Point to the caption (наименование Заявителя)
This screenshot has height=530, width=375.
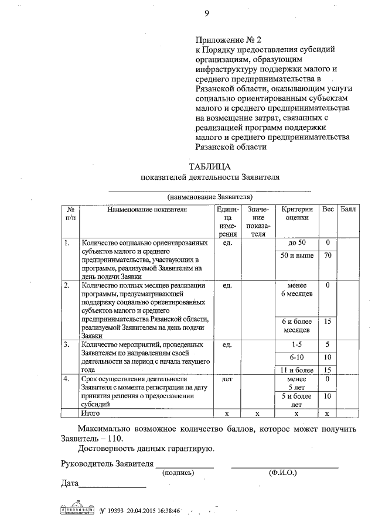click(x=209, y=197)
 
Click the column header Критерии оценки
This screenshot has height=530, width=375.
click(x=297, y=214)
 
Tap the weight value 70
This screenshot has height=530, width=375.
click(x=328, y=255)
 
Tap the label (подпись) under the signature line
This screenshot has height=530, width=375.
click(x=178, y=471)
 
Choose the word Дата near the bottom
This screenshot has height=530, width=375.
click(x=70, y=484)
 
